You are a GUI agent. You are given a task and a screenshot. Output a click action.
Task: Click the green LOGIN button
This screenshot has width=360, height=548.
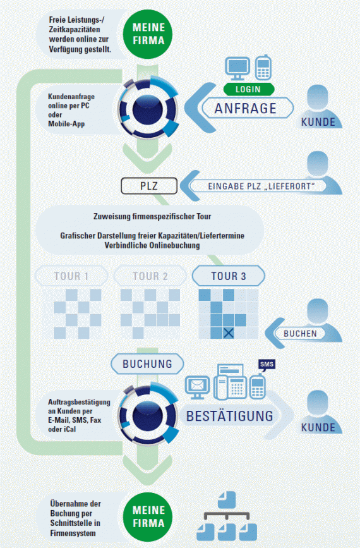[x=249, y=89]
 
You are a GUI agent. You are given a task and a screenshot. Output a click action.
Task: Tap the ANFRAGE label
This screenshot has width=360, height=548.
[x=246, y=108]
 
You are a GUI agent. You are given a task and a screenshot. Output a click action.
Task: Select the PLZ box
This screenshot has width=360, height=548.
[x=149, y=186]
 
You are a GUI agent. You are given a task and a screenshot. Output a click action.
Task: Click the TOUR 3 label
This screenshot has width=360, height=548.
[x=229, y=276]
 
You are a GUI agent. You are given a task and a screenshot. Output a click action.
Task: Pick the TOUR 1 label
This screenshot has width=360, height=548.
[x=71, y=276]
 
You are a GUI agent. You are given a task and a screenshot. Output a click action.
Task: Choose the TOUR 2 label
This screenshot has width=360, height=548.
[x=150, y=276]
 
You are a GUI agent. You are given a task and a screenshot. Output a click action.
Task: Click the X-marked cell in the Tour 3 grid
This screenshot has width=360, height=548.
[x=229, y=332]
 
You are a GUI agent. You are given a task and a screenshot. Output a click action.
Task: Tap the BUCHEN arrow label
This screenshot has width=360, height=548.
[x=300, y=333]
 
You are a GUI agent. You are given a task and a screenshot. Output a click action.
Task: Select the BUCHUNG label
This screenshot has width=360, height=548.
[x=147, y=364]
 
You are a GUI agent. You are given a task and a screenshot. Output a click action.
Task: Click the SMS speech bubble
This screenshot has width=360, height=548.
[x=267, y=365]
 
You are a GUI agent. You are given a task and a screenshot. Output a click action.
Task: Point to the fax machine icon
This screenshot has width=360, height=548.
[x=230, y=382]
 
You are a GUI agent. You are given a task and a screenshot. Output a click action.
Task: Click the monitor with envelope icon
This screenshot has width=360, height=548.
[x=197, y=387]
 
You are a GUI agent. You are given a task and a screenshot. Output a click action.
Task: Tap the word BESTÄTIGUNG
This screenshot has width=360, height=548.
[x=230, y=417]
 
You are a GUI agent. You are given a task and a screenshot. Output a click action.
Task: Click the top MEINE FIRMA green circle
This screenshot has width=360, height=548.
[x=148, y=34]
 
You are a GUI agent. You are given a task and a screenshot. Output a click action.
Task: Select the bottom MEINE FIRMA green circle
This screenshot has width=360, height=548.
[x=148, y=517]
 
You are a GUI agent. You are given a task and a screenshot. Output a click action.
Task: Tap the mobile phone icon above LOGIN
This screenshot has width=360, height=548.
[x=263, y=68]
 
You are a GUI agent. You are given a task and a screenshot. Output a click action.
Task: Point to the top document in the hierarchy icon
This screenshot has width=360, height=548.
[x=227, y=499]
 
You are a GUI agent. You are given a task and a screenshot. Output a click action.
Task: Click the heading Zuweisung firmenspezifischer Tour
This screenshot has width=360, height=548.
[x=152, y=217]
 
